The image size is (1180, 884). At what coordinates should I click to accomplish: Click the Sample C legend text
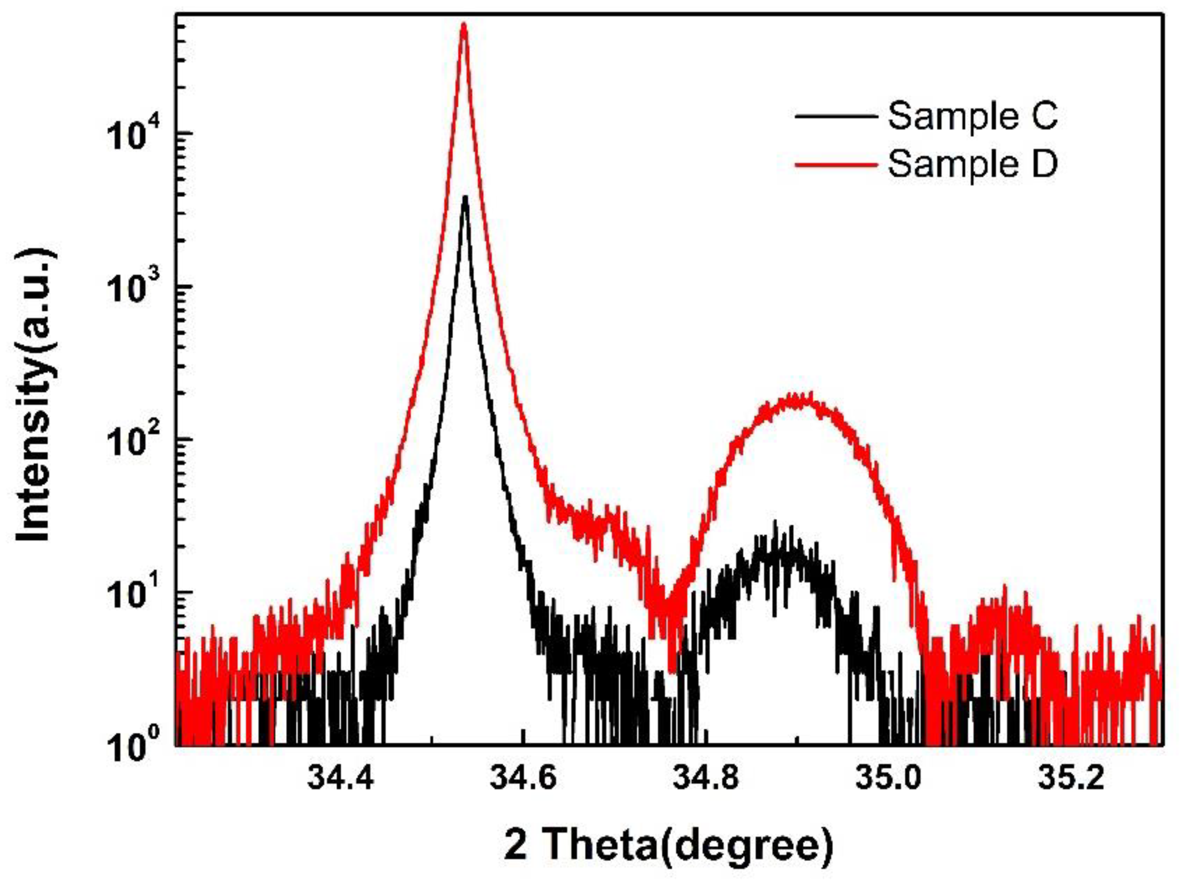coord(972,116)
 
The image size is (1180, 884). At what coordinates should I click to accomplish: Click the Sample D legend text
coord(972,164)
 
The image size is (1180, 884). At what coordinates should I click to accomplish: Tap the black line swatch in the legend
coord(836,116)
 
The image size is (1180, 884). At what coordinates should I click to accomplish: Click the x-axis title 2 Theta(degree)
coord(668,845)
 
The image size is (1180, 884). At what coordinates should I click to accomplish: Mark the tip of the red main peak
coord(463,24)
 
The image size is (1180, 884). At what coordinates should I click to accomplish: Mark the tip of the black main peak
coord(465,197)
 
